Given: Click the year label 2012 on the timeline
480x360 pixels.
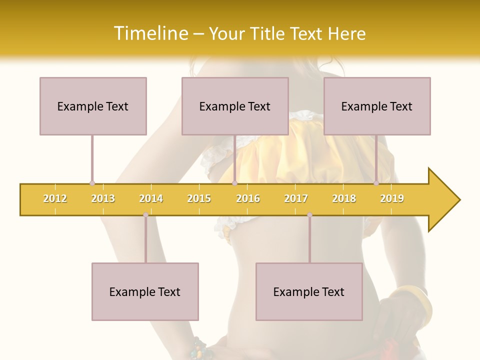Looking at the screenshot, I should (x=55, y=198).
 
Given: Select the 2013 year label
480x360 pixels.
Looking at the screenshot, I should (x=103, y=198).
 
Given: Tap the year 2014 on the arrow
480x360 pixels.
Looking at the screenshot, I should (x=151, y=198).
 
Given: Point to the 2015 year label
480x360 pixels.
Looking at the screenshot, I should (x=199, y=198).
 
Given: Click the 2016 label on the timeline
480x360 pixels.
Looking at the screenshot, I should (x=248, y=198).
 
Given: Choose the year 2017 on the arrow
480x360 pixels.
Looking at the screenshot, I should (x=296, y=198).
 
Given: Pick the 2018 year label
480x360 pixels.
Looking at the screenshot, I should (x=344, y=198).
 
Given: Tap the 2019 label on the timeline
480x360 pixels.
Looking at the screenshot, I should (x=392, y=198).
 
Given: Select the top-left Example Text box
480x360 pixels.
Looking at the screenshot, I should (x=93, y=106).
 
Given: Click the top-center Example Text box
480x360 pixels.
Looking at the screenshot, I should (x=235, y=106).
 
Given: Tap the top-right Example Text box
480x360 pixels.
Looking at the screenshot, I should (x=377, y=106).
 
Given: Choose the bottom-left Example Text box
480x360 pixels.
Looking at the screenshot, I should (x=145, y=291).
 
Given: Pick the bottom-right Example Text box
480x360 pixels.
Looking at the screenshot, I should (x=309, y=291).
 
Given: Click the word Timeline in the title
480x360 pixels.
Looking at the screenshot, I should (x=150, y=33).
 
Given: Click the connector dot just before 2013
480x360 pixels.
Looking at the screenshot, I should (x=92, y=183).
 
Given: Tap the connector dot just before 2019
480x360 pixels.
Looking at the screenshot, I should (x=376, y=183).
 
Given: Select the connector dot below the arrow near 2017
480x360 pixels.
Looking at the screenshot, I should (x=309, y=215).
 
